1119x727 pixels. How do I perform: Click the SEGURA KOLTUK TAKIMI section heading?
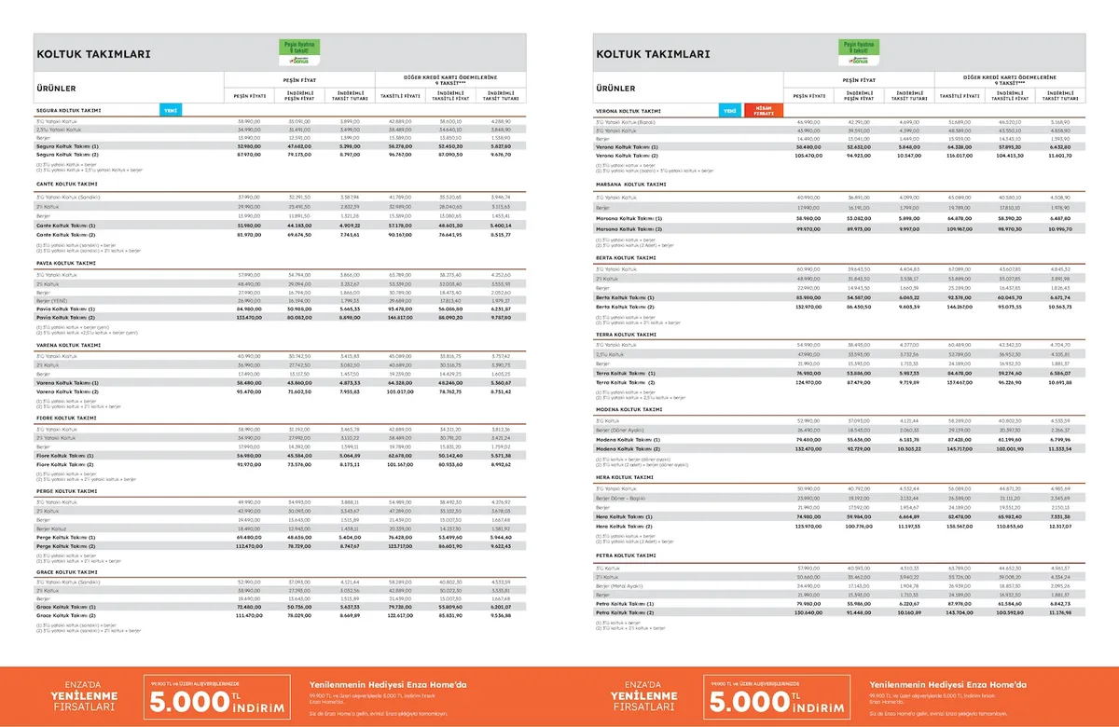click(x=68, y=110)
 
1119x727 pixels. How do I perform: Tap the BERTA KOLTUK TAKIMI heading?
click(x=626, y=256)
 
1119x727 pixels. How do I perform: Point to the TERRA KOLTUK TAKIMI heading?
click(x=626, y=334)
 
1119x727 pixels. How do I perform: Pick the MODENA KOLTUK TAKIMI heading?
click(x=629, y=409)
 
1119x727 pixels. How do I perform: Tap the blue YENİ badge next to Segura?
click(x=171, y=110)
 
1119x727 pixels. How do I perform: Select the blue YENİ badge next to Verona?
click(x=730, y=110)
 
